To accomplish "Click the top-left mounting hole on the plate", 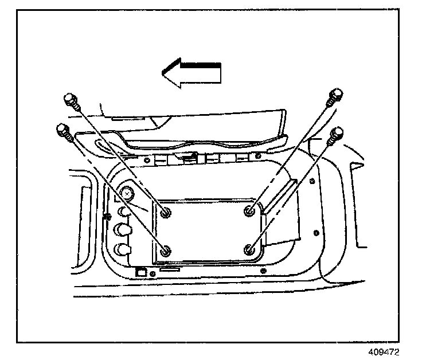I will tap(166, 213).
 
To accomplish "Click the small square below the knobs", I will tap(139, 273).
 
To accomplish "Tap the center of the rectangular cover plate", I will tap(208, 230).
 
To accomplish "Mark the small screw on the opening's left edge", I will tap(108, 216).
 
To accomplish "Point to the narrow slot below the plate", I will tap(170, 268).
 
